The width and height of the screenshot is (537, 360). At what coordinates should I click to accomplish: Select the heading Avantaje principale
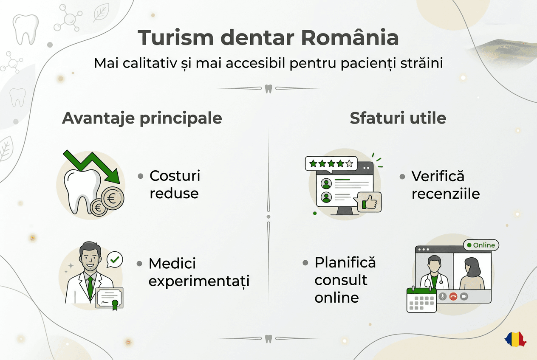[x=142, y=118]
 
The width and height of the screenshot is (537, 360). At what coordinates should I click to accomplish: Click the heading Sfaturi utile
[x=398, y=118]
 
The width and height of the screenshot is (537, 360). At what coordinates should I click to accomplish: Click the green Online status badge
[x=481, y=245]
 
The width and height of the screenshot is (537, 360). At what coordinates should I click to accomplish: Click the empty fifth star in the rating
[x=349, y=163]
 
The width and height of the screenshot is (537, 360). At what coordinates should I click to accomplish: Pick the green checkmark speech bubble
[x=114, y=259]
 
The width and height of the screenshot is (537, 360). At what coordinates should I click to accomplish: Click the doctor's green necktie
[x=90, y=287]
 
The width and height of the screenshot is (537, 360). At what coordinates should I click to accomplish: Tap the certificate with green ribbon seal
[x=109, y=298]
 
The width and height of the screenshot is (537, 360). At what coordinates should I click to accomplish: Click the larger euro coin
[x=113, y=198]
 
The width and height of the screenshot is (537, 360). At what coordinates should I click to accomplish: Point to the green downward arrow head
[x=113, y=175]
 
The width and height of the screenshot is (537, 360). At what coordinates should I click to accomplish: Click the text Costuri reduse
[x=174, y=185]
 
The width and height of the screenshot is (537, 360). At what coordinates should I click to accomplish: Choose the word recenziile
[x=446, y=194]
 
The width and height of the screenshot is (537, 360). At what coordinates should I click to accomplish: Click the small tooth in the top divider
[x=268, y=89]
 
